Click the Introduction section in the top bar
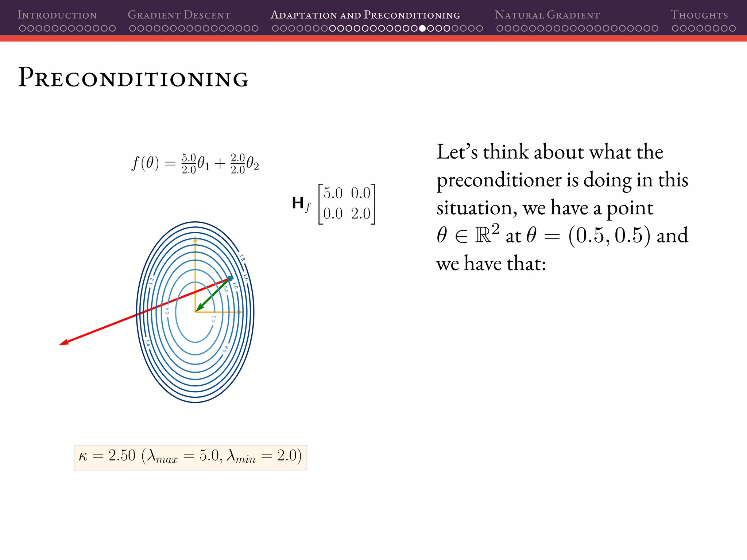(x=57, y=15)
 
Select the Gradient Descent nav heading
(x=179, y=15)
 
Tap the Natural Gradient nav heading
(x=547, y=15)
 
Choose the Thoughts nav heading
(x=699, y=15)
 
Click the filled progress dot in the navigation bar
(x=422, y=28)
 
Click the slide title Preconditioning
(x=133, y=78)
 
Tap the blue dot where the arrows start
(x=230, y=279)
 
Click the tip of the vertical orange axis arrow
(x=195, y=238)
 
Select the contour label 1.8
(x=242, y=258)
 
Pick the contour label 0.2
(x=214, y=319)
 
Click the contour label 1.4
(x=147, y=343)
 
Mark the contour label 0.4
(x=167, y=311)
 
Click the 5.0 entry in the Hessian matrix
(x=333, y=193)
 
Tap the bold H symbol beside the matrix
(x=298, y=203)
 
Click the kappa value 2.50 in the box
(x=122, y=456)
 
